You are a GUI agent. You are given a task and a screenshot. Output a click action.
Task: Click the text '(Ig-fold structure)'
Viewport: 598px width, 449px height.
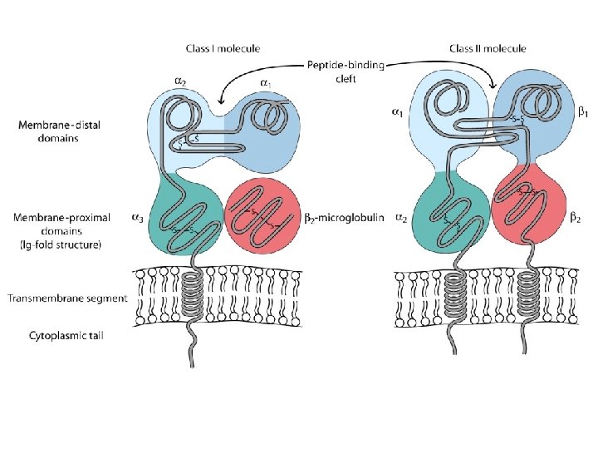(57, 245)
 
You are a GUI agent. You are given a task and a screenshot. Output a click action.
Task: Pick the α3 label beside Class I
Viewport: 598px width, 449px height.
(137, 218)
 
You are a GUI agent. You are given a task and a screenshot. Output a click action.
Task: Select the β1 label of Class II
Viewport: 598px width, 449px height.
(583, 110)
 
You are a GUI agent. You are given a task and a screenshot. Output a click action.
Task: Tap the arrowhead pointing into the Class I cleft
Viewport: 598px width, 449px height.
(218, 99)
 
